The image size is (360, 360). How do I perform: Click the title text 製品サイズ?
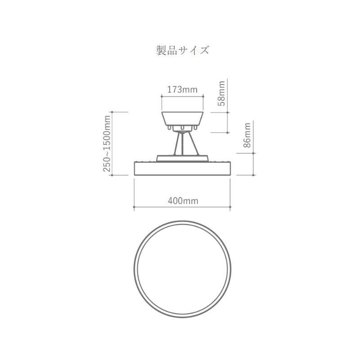183,50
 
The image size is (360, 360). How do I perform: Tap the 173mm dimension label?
182,90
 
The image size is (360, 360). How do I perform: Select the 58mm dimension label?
222,93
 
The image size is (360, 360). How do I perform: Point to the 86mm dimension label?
247,135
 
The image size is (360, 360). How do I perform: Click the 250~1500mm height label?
107,144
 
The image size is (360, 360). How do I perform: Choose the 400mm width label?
183,201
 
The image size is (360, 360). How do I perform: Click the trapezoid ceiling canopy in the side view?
182,119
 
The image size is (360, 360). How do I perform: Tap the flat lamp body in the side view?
182,169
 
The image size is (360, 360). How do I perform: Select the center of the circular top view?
182,269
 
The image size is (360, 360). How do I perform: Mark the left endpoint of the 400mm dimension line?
134,207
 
